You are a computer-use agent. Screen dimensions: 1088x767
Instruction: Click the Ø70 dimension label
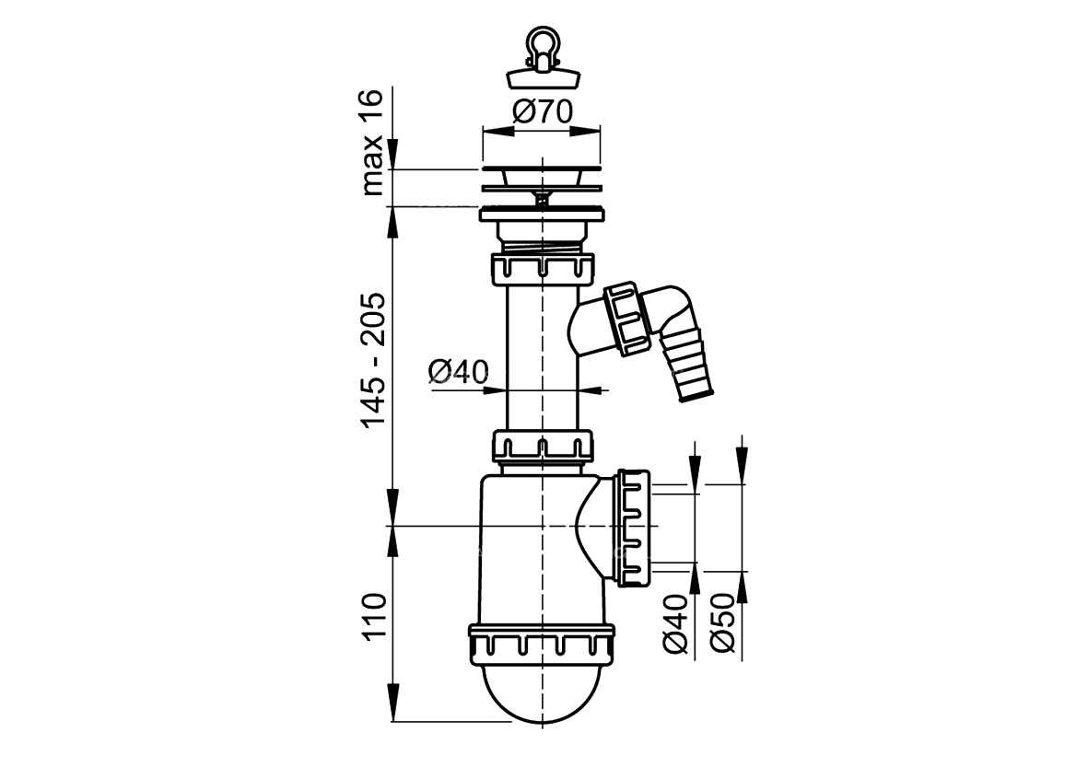point(543,111)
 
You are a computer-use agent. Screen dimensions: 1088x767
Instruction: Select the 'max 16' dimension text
point(372,143)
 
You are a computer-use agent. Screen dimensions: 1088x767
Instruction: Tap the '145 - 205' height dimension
point(372,361)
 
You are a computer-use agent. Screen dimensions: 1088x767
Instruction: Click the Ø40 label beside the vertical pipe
point(458,372)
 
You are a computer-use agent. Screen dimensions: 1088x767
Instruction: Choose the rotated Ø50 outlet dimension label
point(721,622)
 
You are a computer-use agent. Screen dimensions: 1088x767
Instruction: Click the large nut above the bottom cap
point(541,640)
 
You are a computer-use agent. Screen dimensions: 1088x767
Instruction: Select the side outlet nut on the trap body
point(633,527)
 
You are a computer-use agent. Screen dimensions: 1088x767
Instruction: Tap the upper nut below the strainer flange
point(543,269)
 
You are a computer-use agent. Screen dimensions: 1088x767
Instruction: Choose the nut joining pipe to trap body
point(543,446)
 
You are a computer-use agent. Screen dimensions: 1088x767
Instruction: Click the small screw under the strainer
point(541,199)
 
